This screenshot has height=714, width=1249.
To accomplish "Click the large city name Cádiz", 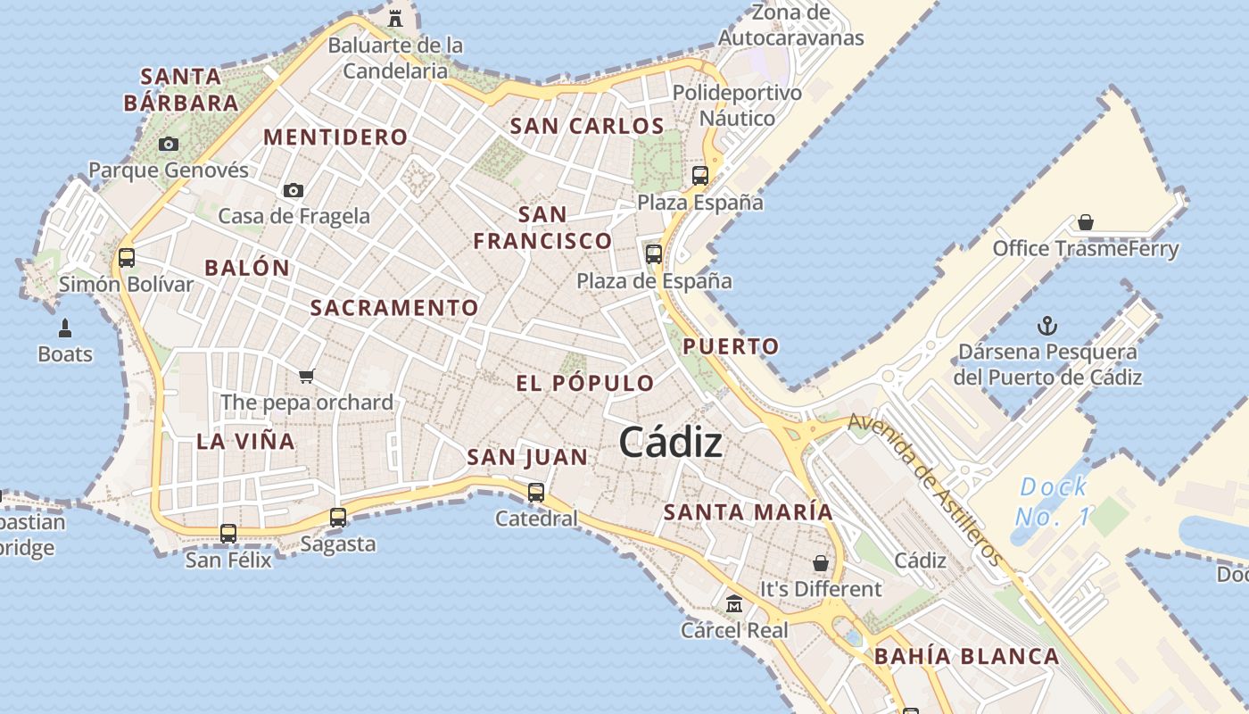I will point(670,442).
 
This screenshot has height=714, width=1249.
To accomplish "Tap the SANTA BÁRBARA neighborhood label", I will point(181,89).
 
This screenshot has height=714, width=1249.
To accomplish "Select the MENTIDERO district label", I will point(336,137).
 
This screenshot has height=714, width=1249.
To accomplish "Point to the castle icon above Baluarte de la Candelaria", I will point(395,18).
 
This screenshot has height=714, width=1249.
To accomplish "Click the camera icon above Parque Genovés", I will point(168,144).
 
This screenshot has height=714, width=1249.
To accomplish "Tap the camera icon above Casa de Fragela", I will point(293,190).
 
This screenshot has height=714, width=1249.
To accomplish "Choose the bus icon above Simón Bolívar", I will point(127,258).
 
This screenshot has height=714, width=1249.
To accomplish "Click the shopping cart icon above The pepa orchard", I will point(307,376).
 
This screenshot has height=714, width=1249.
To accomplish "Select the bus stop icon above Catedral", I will point(536,492).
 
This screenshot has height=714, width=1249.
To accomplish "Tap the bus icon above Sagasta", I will point(338,517).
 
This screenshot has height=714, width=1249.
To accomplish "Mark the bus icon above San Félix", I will point(228,534).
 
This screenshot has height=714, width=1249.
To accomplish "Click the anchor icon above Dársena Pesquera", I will point(1047,326).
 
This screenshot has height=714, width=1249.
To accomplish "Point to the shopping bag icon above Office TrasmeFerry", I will point(1086,222).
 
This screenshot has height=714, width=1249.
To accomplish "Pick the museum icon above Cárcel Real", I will point(734,604).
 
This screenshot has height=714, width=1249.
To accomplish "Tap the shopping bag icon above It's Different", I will point(820,563).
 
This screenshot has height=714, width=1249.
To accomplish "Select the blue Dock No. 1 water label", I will point(1054,502).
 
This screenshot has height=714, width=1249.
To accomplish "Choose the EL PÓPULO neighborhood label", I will point(585,384).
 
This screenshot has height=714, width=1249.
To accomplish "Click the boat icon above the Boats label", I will point(64,328).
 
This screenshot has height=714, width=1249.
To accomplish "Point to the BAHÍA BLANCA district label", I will point(967,657).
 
